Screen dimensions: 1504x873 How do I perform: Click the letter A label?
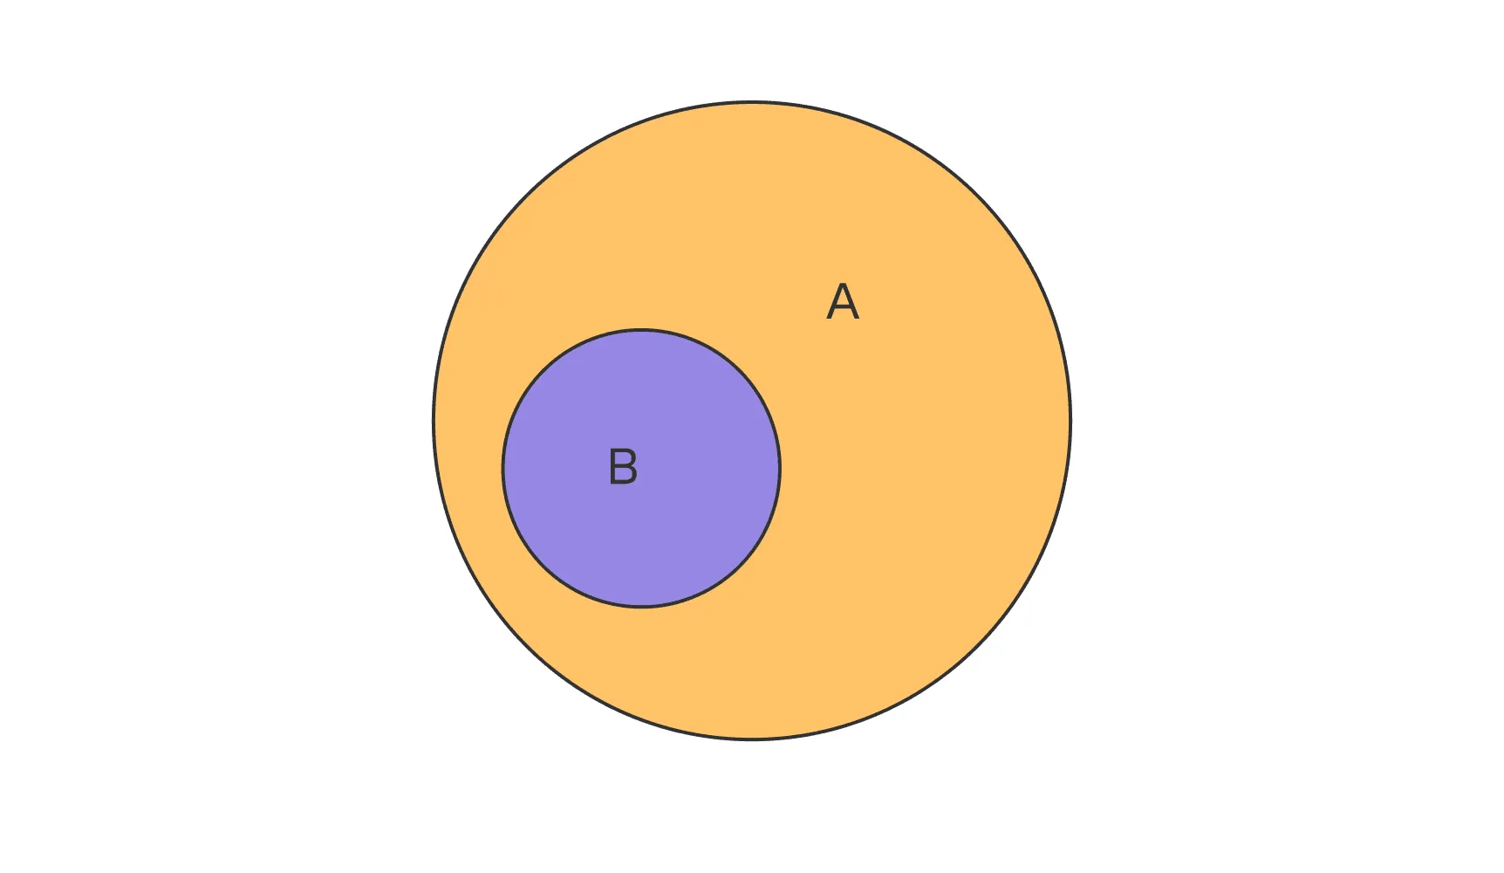843,302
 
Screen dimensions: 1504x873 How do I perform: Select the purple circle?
641,468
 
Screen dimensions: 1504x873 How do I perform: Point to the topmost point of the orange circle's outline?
752,102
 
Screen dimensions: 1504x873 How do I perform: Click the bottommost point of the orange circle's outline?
752,740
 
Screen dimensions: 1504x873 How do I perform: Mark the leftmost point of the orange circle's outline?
434,421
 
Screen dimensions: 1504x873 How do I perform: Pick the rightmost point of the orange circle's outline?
1070,421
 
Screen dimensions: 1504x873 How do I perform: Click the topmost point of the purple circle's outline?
641,329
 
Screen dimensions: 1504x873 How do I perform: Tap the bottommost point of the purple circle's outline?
641,607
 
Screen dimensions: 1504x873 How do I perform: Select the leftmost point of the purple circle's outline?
502,468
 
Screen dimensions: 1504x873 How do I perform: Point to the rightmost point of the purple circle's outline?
780,468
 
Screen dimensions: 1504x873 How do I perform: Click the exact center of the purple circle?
641,468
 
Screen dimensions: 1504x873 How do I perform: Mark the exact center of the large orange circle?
752,421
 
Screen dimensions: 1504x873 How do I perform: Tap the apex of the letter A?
843,284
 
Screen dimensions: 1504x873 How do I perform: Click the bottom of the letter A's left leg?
829,320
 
